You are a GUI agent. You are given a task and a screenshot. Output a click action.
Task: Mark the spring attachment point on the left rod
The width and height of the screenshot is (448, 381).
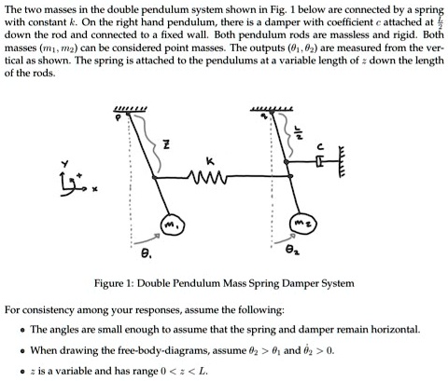(x=155, y=177)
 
